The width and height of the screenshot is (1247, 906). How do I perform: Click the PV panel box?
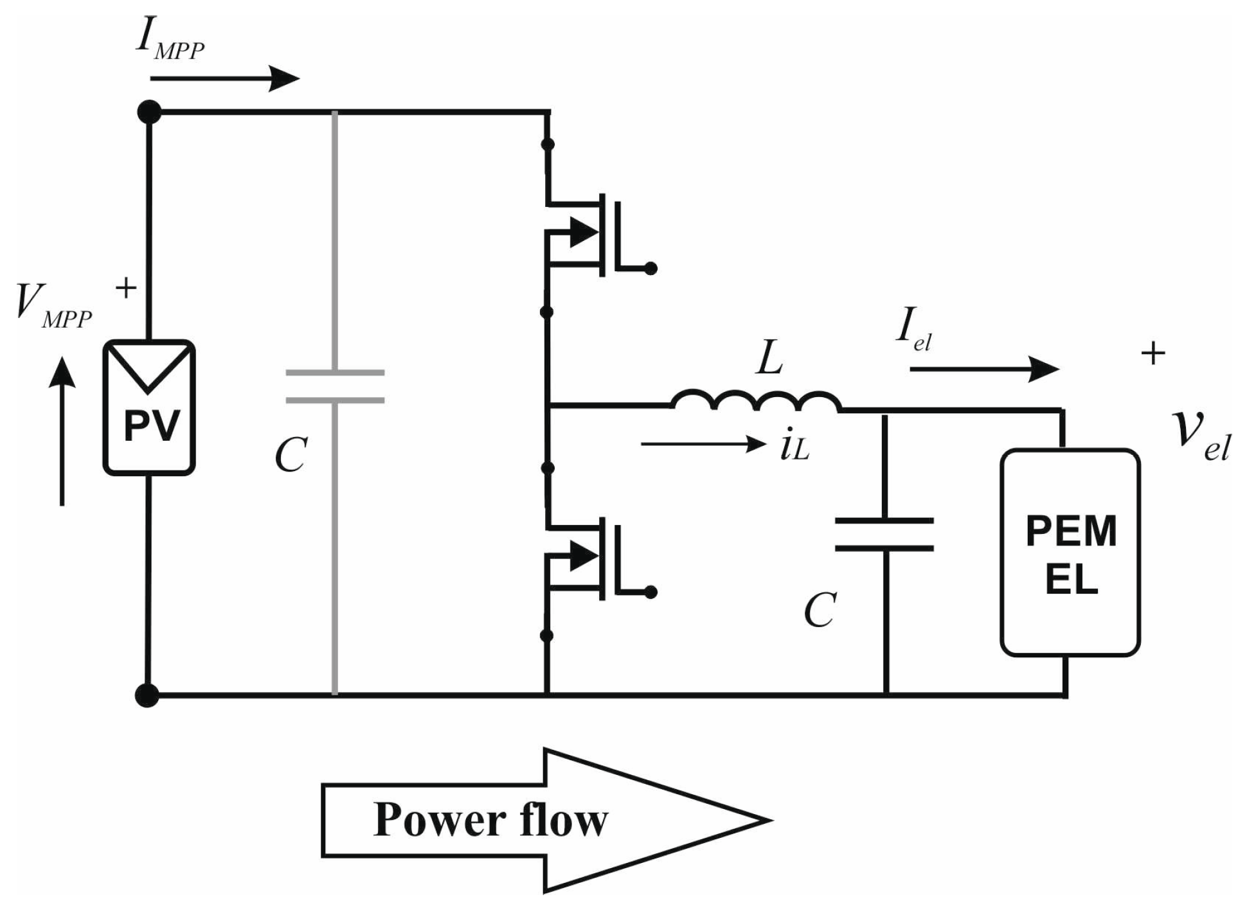point(149,408)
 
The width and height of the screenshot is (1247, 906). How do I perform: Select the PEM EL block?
point(1070,553)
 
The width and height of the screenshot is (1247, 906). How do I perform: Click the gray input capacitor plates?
point(335,386)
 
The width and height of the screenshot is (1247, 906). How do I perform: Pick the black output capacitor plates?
point(884,535)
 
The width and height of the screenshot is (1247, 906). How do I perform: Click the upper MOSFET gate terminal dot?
point(650,269)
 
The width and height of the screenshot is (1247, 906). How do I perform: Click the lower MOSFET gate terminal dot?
point(650,592)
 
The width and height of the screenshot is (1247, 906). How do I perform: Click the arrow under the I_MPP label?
point(224,79)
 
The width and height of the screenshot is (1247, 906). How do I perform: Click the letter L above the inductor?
point(770,359)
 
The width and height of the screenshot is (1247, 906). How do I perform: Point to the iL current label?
point(794,446)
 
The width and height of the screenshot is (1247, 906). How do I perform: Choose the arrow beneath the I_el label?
point(983,369)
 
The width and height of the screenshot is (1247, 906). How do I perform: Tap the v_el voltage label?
point(1200,434)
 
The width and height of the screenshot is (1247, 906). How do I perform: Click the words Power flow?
point(490,821)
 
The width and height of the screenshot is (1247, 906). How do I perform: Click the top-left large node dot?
point(149,112)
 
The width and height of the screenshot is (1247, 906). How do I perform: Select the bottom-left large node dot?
point(147,695)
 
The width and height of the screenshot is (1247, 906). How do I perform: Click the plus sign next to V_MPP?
point(126,288)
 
